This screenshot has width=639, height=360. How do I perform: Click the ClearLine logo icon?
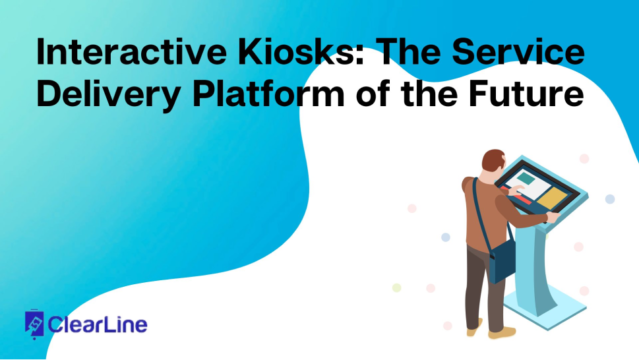[x=34, y=324]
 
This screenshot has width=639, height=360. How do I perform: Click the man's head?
[x=493, y=162]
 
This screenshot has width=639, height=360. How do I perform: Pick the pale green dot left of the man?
[x=397, y=287]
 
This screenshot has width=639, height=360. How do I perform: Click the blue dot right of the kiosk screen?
[x=609, y=199]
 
